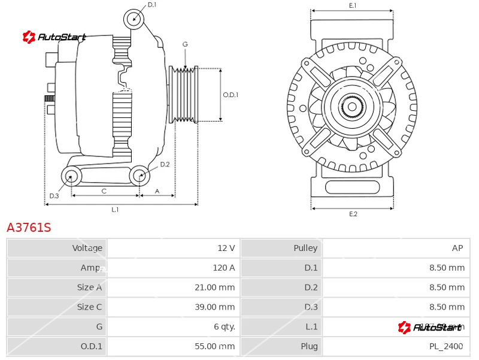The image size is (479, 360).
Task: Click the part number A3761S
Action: coord(29,228)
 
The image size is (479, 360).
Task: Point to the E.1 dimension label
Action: coord(353,6)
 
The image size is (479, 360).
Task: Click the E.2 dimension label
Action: coord(353,214)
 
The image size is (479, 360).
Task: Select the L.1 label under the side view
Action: coord(115,210)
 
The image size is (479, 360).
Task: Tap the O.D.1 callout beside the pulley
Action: coord(231,95)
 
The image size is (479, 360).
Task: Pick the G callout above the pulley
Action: coord(185,44)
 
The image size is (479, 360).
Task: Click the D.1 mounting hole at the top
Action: coord(134,19)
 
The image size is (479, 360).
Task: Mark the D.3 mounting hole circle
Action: coord(72,176)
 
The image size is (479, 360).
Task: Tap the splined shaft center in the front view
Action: coord(352,107)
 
